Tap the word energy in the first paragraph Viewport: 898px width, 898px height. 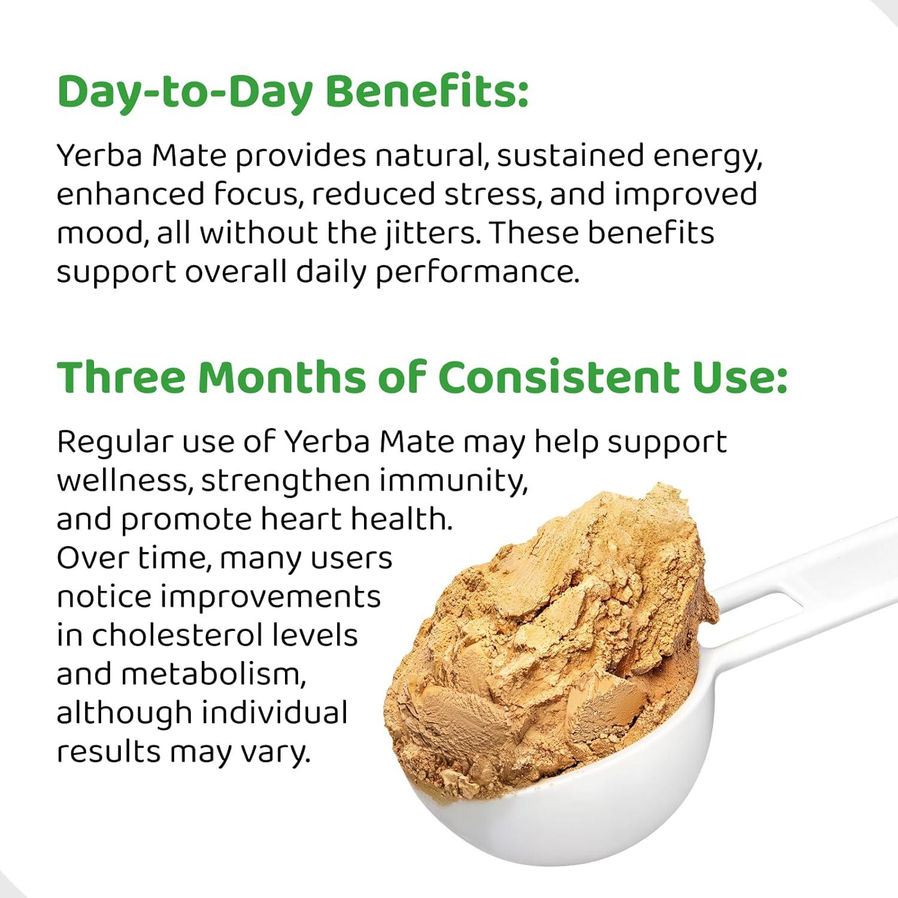[x=707, y=157]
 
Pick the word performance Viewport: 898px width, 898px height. [x=477, y=272]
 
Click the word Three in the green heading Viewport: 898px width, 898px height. [x=122, y=377]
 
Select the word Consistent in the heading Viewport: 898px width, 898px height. [x=559, y=377]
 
